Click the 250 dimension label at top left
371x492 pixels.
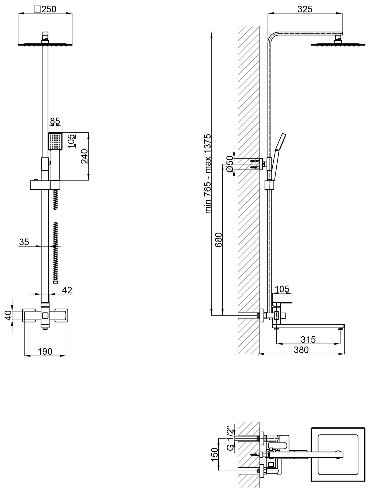pyautogui.click(x=49, y=9)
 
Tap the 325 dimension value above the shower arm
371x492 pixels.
pyautogui.click(x=305, y=9)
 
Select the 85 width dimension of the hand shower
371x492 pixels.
pyautogui.click(x=55, y=121)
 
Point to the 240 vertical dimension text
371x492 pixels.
pyautogui.click(x=84, y=156)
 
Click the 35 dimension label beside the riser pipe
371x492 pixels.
pyautogui.click(x=24, y=242)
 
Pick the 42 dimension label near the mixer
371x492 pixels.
pyautogui.click(x=67, y=290)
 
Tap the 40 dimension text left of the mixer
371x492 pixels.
pyautogui.click(x=8, y=315)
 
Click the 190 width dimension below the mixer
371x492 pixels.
pyautogui.click(x=45, y=351)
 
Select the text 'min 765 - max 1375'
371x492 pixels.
pyautogui.click(x=208, y=174)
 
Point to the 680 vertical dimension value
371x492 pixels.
pyautogui.click(x=218, y=240)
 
